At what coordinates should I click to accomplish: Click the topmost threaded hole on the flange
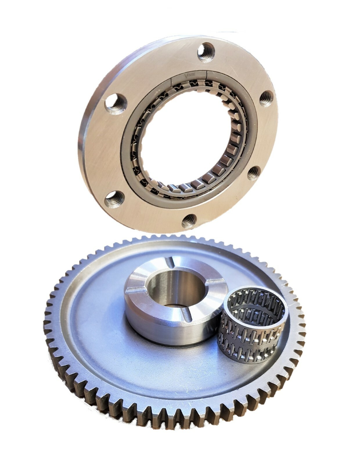(x=206, y=52)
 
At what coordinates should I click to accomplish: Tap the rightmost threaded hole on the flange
(x=266, y=98)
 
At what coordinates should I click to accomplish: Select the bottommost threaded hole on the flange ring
(x=189, y=221)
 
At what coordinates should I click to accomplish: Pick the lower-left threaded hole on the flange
(x=114, y=199)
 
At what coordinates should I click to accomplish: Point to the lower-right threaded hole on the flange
(x=254, y=173)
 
